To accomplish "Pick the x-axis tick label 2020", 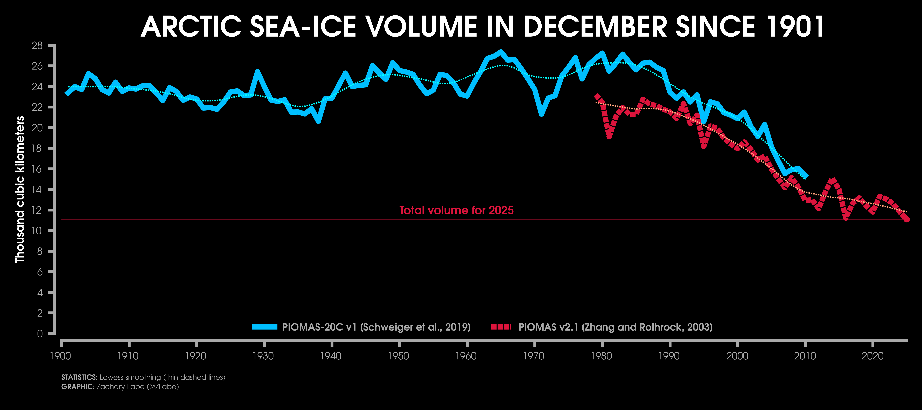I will tap(872, 356).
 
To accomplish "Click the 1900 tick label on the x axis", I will tap(60, 356).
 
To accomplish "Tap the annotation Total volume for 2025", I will tap(456, 210).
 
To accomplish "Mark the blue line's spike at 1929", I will tap(257, 72).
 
